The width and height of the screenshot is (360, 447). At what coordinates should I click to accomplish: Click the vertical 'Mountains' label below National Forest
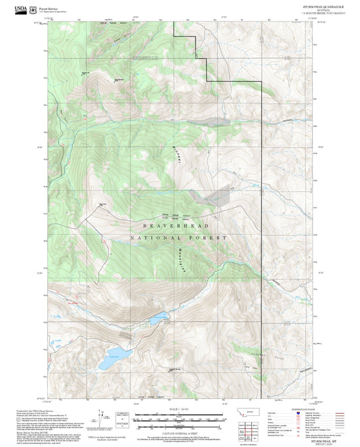point(182,259)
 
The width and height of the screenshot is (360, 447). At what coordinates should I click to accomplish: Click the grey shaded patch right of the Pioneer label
point(218,196)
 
